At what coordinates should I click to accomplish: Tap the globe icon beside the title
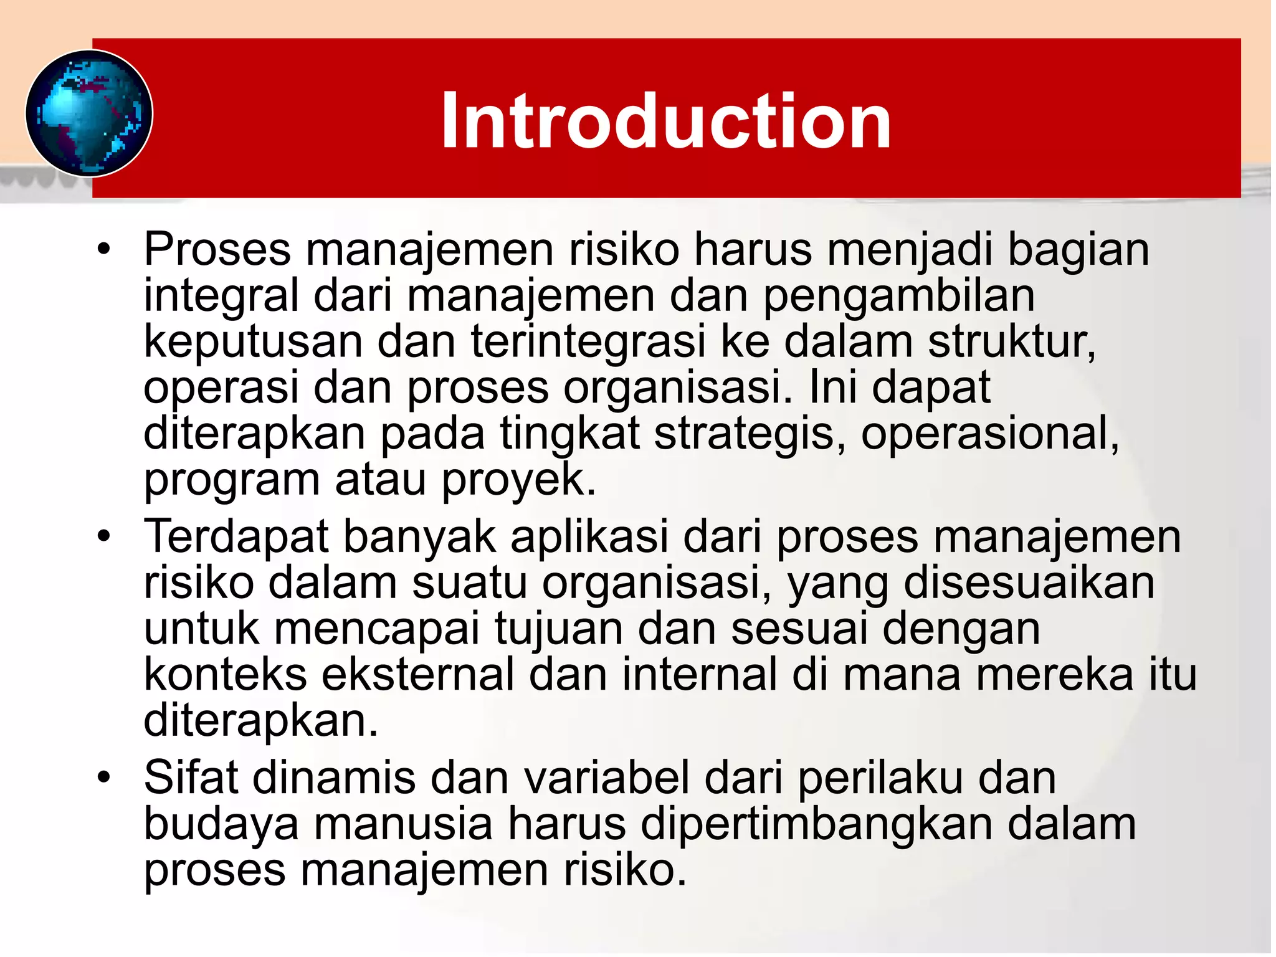(x=89, y=113)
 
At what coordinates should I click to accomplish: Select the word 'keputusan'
(x=253, y=342)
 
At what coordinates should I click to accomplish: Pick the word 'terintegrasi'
(x=588, y=342)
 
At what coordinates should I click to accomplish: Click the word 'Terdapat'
(x=236, y=537)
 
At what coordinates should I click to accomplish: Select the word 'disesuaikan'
(x=1029, y=583)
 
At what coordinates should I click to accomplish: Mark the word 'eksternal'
(x=417, y=675)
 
